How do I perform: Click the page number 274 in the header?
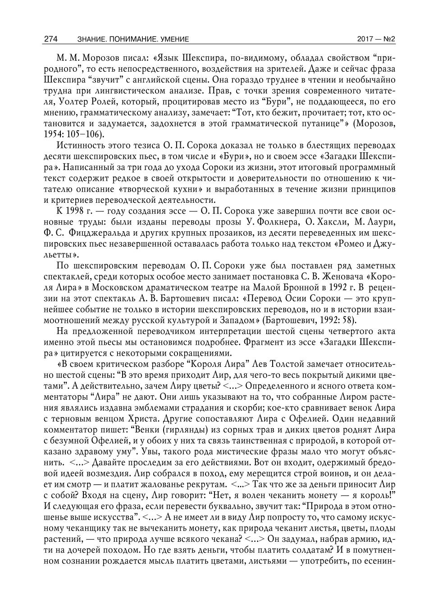[50, 39]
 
